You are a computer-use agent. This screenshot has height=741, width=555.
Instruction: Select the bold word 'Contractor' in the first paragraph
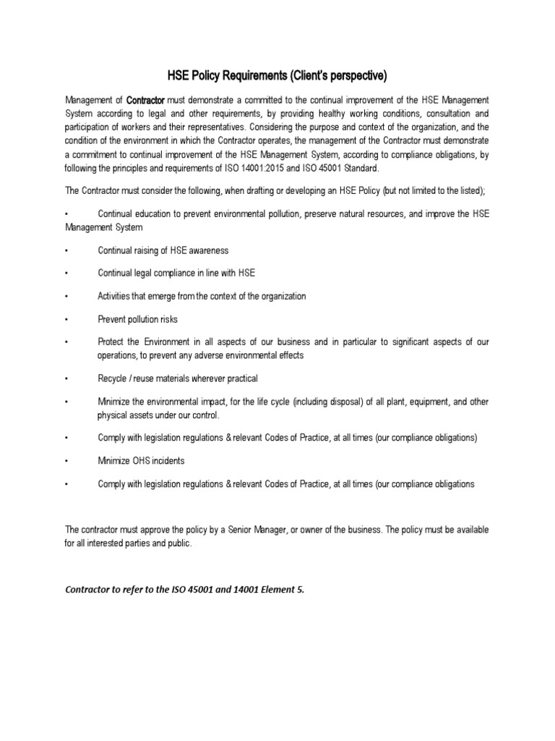coord(146,100)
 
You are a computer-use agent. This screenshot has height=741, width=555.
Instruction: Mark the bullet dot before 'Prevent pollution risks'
coord(66,319)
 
